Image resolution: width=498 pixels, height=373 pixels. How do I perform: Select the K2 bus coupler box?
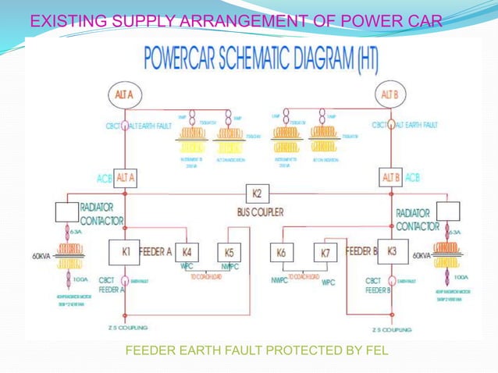pos(257,194)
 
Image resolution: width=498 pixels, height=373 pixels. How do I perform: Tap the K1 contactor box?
pos(125,253)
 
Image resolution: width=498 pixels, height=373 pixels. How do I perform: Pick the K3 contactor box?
pos(392,252)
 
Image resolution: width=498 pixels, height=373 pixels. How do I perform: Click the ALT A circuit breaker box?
pos(126,177)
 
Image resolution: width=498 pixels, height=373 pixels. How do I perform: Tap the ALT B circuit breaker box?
pos(390,177)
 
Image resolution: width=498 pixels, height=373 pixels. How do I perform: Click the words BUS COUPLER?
pos(260,211)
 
